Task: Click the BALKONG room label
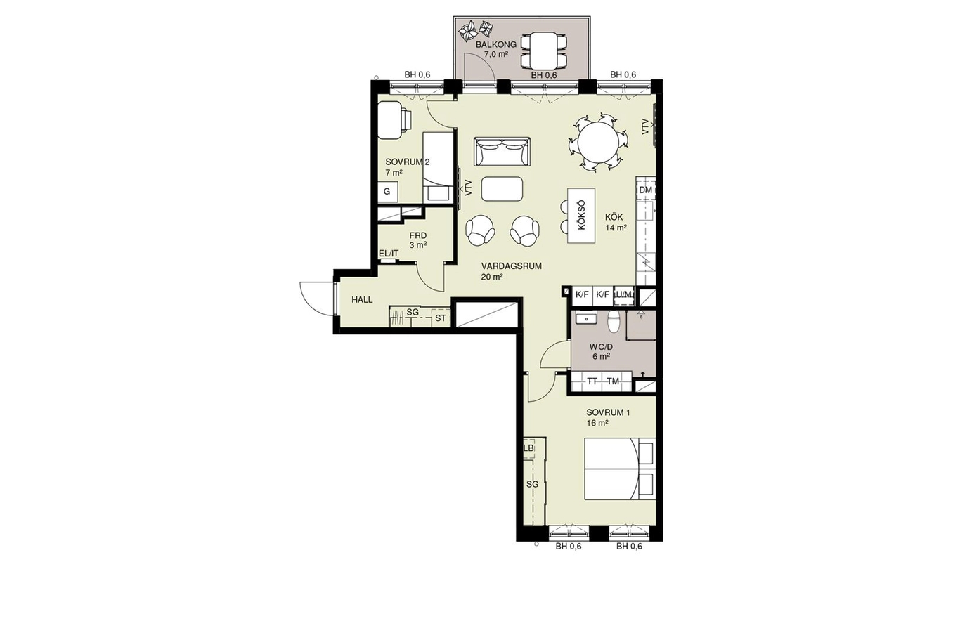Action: coord(496,44)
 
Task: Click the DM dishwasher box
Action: coord(645,190)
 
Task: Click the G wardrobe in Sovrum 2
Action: coord(387,192)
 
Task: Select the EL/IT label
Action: coord(389,254)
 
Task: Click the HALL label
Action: coord(362,300)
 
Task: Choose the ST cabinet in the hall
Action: coord(441,318)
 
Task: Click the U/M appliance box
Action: coord(623,295)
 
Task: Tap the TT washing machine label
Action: coord(592,381)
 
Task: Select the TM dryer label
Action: coord(613,381)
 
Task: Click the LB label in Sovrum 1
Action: coord(528,448)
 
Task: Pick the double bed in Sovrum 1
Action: coord(620,469)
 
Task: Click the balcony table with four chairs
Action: coord(544,51)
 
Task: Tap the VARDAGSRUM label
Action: coord(512,266)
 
